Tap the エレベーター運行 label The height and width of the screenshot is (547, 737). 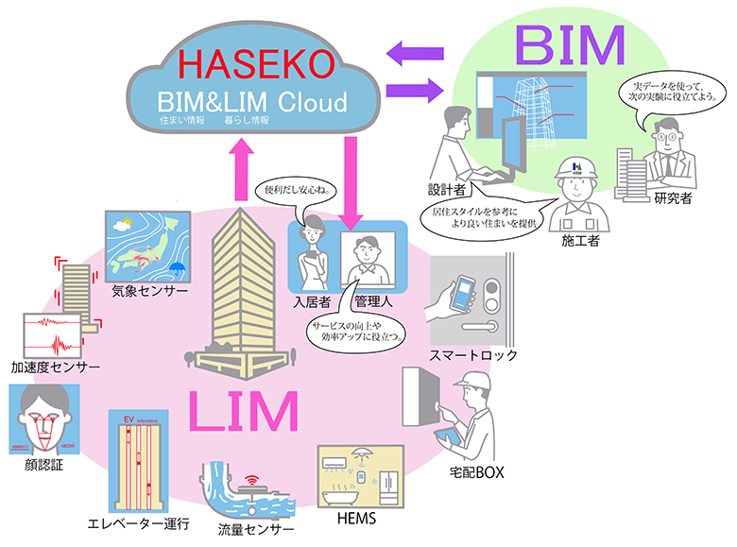[x=139, y=523]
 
